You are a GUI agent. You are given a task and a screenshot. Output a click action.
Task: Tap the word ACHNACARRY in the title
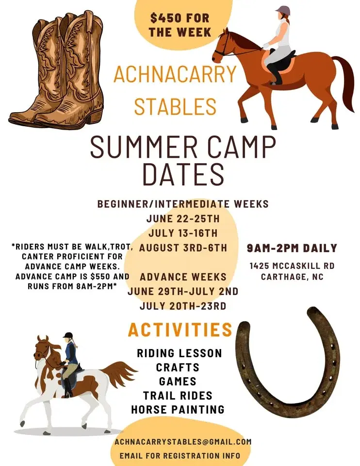(175, 74)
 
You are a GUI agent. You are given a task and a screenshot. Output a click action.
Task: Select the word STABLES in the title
(175, 106)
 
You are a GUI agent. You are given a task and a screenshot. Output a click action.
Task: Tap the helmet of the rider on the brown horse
(282, 10)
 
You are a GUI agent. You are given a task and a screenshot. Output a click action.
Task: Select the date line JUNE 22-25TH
(182, 219)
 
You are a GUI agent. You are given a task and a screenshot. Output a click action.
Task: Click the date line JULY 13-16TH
(182, 233)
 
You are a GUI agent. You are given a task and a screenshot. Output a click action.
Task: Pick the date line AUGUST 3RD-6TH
(182, 248)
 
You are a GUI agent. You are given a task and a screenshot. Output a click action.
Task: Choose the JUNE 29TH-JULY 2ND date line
(182, 291)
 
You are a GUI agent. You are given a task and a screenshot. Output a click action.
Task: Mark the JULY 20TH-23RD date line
(182, 306)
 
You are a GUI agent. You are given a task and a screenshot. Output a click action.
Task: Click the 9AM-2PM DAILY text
(292, 248)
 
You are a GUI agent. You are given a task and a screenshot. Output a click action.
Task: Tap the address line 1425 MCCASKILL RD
(292, 266)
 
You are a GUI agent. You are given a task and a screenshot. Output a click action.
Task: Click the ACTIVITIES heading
(180, 330)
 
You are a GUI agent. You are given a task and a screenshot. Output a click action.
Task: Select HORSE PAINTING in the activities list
(178, 409)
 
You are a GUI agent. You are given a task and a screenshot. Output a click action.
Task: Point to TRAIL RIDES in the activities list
(178, 395)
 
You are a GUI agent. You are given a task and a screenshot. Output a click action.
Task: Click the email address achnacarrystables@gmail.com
(183, 442)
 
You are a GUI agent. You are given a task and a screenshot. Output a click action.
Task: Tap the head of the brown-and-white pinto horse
(43, 346)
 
